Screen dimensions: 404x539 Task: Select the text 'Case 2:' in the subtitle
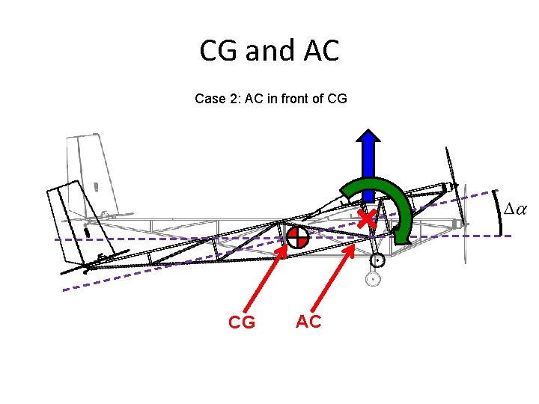tap(215, 98)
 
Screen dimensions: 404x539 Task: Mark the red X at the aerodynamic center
tap(365, 219)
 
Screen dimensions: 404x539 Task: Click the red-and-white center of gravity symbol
tap(296, 237)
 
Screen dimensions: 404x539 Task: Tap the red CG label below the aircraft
tap(241, 322)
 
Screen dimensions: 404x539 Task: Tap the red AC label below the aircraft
tap(308, 322)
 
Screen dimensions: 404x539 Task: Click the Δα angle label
tap(515, 209)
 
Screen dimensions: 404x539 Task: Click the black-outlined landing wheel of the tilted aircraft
tap(378, 260)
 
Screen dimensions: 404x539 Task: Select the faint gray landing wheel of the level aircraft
tap(372, 280)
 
